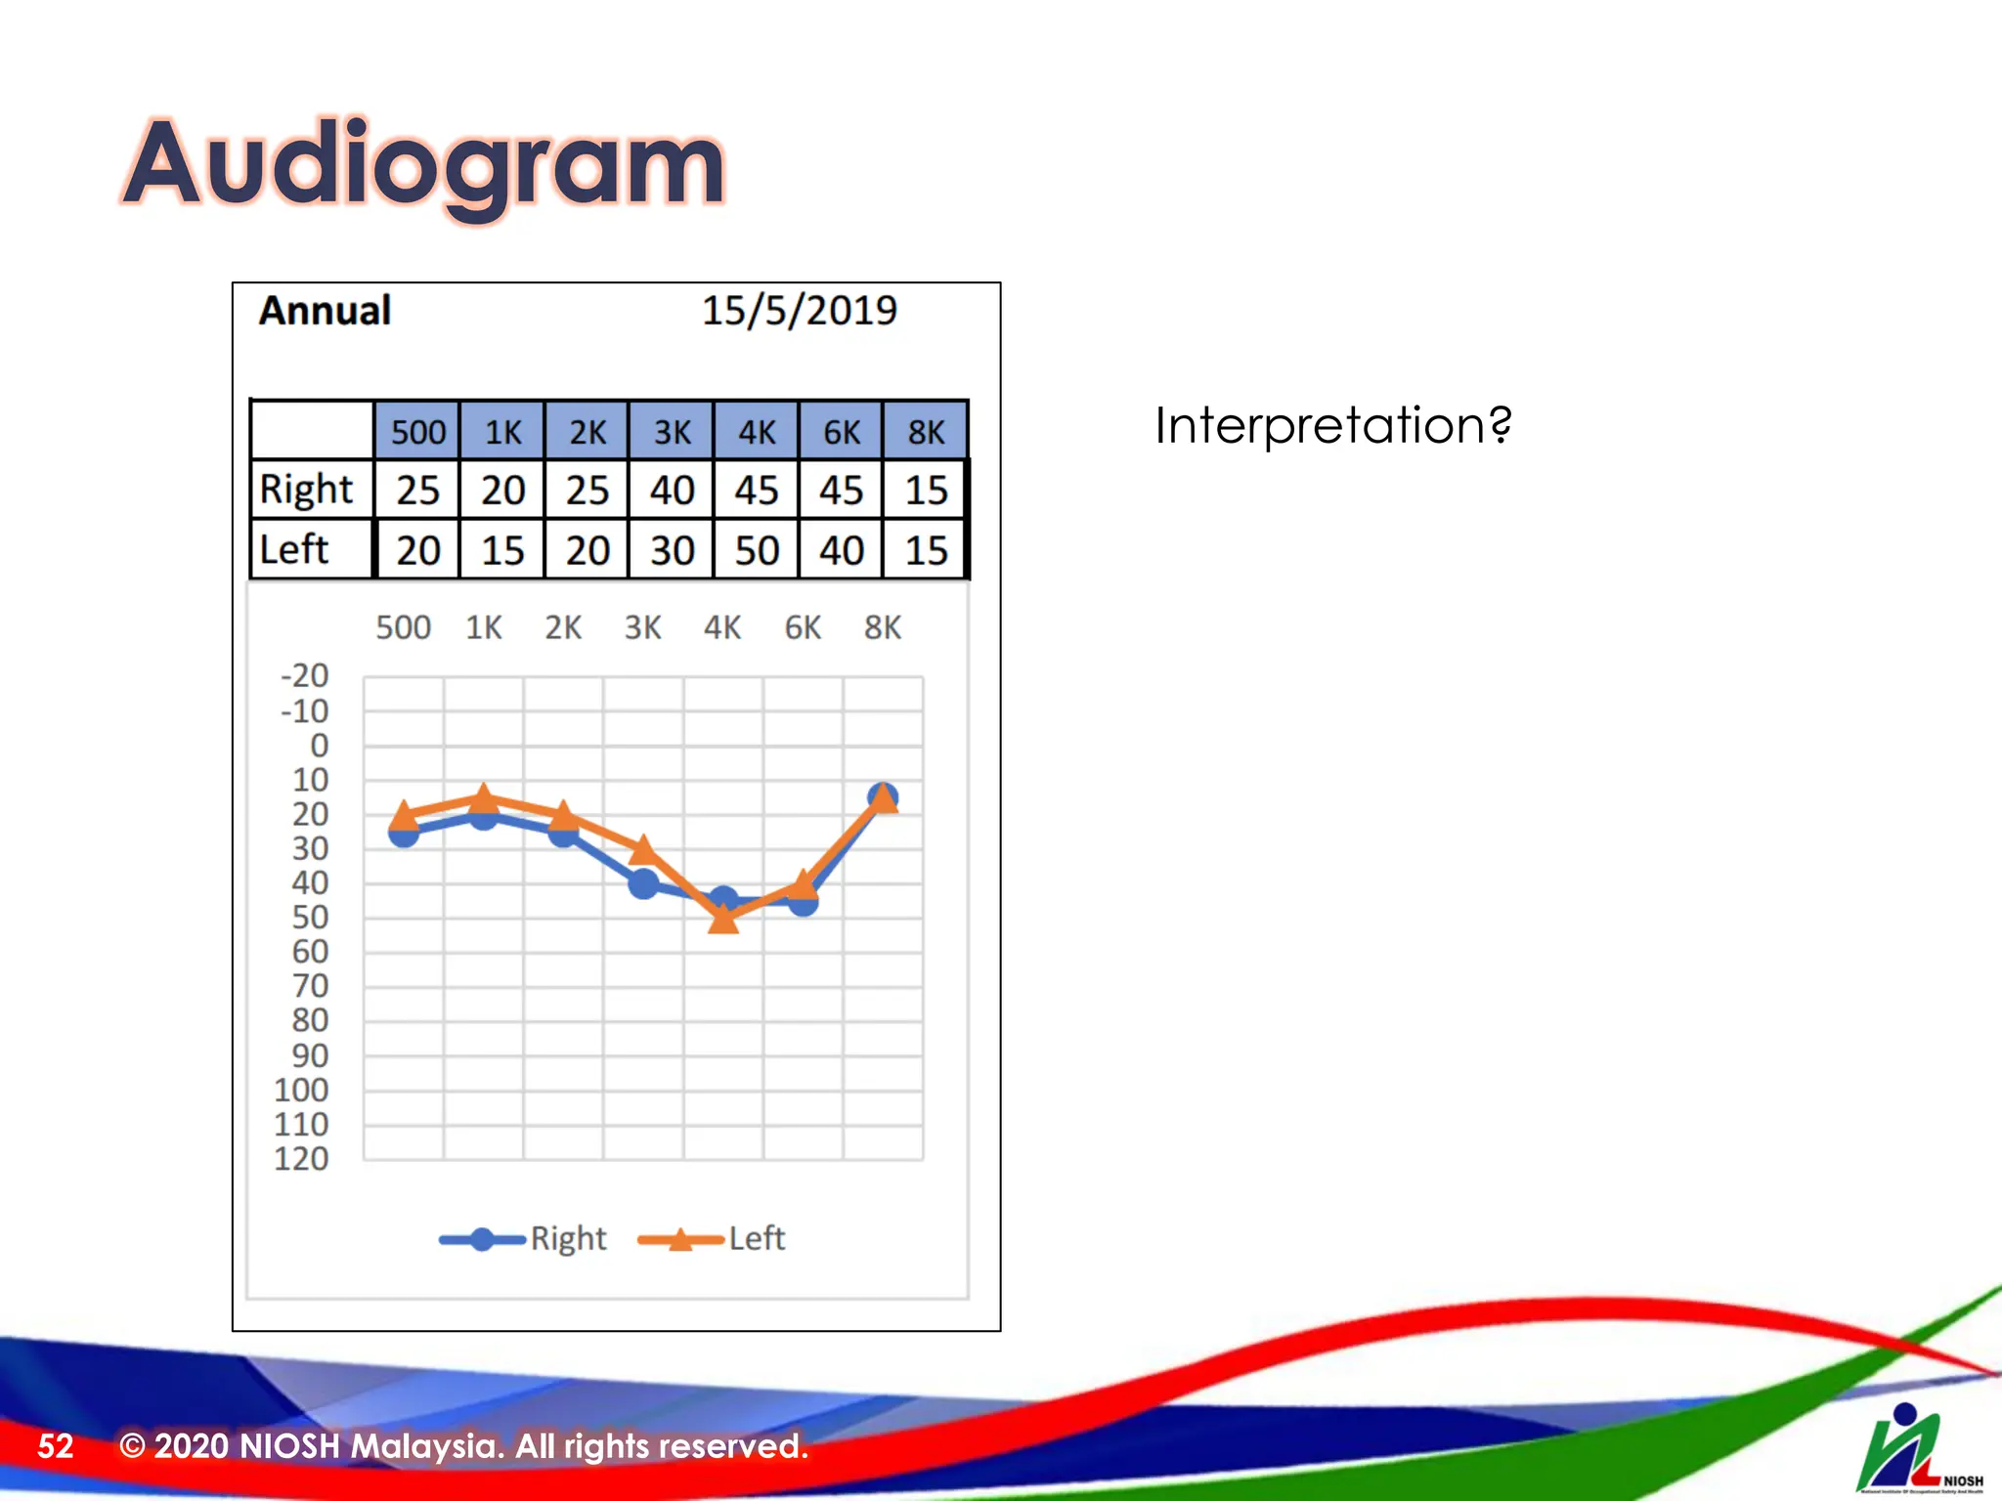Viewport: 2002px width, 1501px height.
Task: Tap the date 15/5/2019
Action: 799,312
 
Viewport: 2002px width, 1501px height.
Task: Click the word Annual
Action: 325,312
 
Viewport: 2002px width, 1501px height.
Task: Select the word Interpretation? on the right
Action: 1332,426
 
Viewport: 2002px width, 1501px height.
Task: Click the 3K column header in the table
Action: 672,432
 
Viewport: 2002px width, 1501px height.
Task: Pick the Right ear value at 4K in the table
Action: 757,491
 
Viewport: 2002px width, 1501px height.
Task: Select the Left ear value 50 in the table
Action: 757,551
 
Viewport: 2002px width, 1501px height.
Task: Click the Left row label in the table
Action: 293,550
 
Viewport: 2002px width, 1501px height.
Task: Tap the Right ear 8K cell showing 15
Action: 926,491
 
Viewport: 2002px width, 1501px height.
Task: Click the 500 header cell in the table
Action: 417,432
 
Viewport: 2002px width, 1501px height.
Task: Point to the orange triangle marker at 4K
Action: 723,918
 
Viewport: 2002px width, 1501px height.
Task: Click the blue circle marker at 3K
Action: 643,884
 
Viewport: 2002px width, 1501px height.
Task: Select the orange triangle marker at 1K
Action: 484,797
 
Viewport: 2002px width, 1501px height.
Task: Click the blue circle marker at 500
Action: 404,834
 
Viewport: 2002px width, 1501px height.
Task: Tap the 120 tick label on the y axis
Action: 301,1159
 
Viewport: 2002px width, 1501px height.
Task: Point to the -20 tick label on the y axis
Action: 304,675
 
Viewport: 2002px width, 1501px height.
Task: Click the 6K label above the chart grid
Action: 803,627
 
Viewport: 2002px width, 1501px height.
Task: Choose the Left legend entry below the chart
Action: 714,1239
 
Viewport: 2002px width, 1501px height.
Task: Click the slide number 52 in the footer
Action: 56,1446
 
